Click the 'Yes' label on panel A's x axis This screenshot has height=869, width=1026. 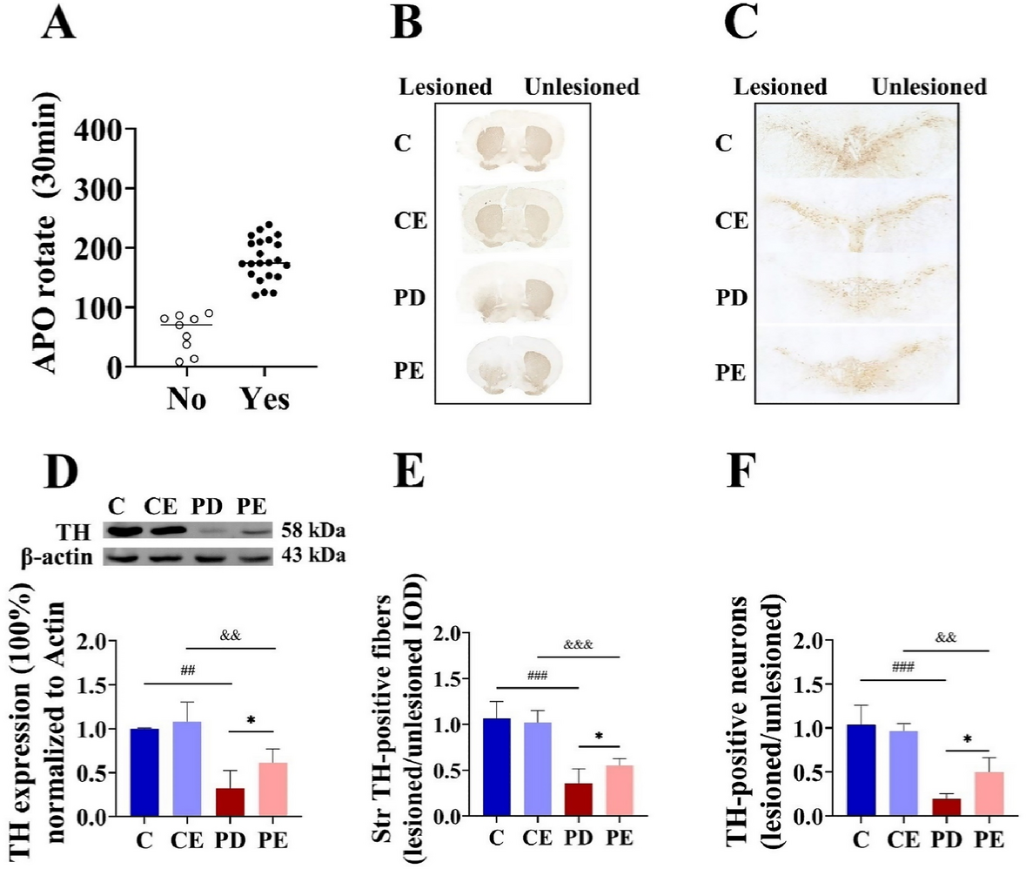click(264, 401)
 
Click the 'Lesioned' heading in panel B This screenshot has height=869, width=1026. click(445, 87)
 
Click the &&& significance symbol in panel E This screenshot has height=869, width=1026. click(578, 645)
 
